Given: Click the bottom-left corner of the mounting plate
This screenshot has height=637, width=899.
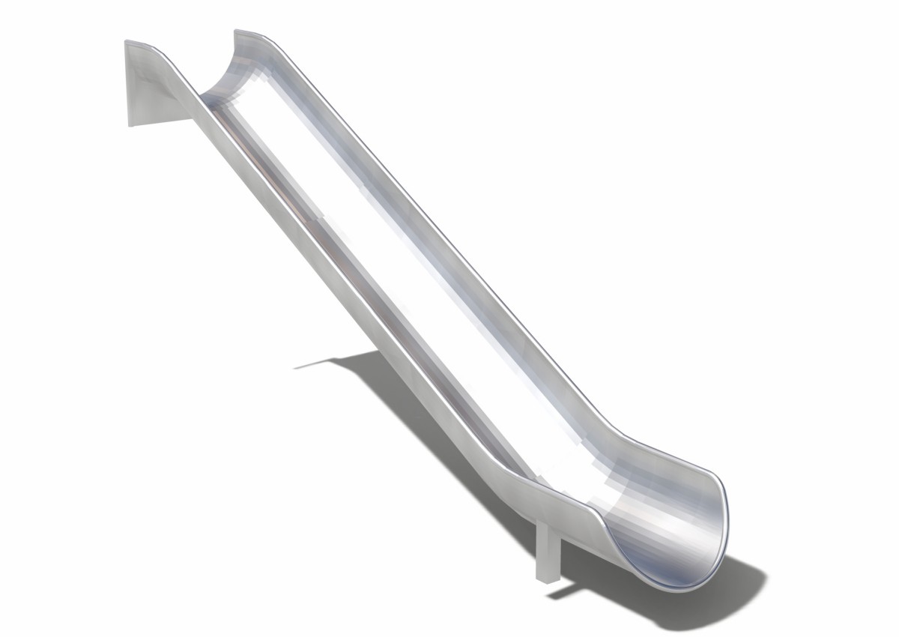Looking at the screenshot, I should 130,124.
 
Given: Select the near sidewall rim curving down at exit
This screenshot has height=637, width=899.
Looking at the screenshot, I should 599,517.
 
